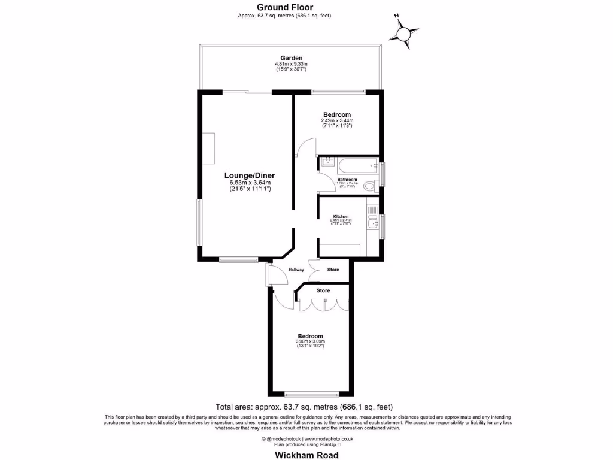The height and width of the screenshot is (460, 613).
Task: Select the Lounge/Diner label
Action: (x=250, y=175)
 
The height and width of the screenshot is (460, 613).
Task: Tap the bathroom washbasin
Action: (x=327, y=162)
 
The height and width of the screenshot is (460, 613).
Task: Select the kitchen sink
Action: (x=373, y=225)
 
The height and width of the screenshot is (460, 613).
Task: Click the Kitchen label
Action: (x=341, y=216)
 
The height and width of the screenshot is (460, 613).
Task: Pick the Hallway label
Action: (x=296, y=270)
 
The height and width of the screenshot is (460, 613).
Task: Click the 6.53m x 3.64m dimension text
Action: (x=250, y=183)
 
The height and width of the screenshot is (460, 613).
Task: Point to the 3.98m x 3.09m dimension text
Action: (x=310, y=341)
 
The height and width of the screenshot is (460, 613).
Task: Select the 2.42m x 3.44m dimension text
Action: (x=336, y=120)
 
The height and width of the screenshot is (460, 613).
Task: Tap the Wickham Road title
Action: (x=306, y=455)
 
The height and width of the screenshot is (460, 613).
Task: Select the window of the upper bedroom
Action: (x=338, y=92)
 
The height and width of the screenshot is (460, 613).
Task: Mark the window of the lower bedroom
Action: (x=310, y=394)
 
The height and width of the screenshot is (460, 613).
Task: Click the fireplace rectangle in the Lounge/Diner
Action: (x=208, y=148)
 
